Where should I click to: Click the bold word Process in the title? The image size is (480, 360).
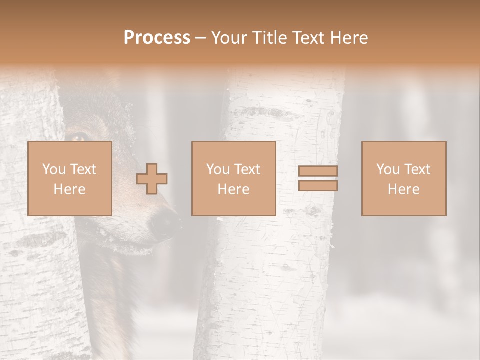point(157,38)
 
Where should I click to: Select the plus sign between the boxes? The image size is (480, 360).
point(152,178)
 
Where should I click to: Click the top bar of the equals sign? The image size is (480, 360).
point(318,171)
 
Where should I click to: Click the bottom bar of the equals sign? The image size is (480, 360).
point(318,185)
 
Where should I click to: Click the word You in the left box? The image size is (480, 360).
point(53,169)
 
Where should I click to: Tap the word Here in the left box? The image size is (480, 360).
point(69,189)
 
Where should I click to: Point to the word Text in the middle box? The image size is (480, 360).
point(247,169)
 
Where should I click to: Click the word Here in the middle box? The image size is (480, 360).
point(233,189)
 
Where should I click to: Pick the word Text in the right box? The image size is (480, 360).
point(417,169)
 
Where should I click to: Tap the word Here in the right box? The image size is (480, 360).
point(403,189)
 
